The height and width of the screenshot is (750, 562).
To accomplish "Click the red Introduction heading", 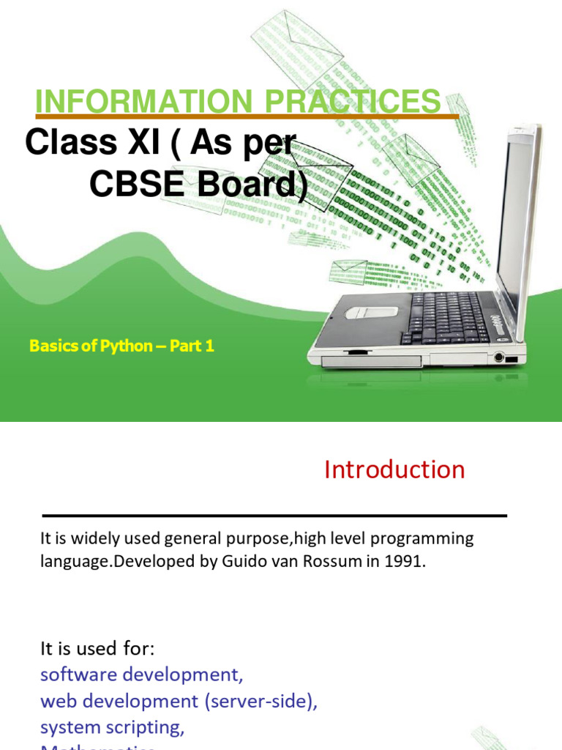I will click(x=394, y=469).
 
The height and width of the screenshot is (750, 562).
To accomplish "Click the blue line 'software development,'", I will click(x=141, y=674).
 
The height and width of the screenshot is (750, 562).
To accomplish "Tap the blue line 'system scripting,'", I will click(x=112, y=727).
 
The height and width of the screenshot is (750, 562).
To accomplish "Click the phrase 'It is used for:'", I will click(x=98, y=648).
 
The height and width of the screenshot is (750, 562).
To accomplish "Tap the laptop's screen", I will click(x=517, y=220).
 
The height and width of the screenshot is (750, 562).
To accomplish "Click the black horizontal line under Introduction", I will click(x=274, y=516).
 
